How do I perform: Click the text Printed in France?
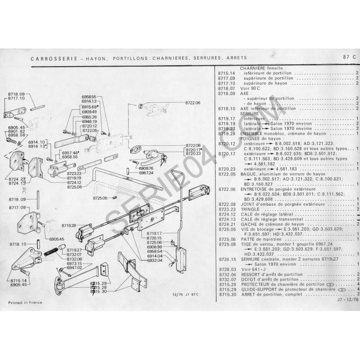pos(25,302)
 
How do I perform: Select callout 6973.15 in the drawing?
pos(74,263)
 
